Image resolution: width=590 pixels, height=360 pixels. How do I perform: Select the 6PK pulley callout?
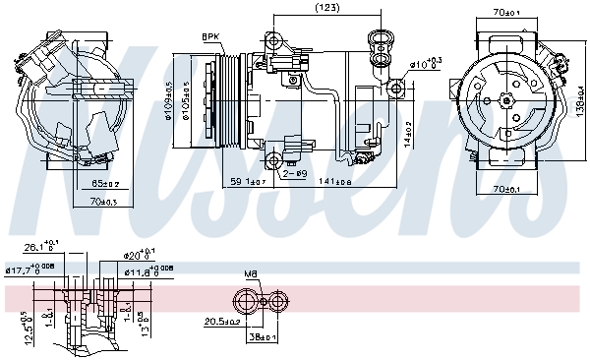(x=210, y=36)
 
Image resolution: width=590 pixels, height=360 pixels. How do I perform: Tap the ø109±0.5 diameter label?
(x=169, y=97)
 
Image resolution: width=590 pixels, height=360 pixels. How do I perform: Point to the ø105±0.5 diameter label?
(x=184, y=97)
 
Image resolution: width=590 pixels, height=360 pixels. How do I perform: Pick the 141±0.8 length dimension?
(x=340, y=182)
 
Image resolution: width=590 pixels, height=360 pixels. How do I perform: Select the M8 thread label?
(x=250, y=275)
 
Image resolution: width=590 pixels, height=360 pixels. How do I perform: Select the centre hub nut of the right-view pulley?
(x=505, y=99)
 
